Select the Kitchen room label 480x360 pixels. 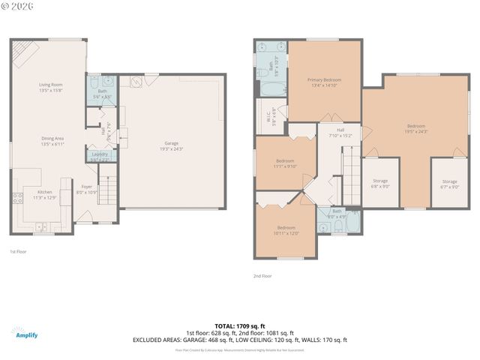45,194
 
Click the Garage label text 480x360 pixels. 172,145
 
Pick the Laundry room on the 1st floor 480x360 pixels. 99,156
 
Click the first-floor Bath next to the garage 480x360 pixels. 97,93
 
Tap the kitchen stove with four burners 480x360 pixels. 17,199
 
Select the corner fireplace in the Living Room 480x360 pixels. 25,52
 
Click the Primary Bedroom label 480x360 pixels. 324,81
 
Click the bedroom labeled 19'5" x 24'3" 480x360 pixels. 416,128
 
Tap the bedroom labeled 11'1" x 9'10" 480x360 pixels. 285,163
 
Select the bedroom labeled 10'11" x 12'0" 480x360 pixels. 285,229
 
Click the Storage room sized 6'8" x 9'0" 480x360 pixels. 380,184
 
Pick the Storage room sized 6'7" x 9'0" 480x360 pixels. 448,184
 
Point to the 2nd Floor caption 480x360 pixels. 262,276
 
